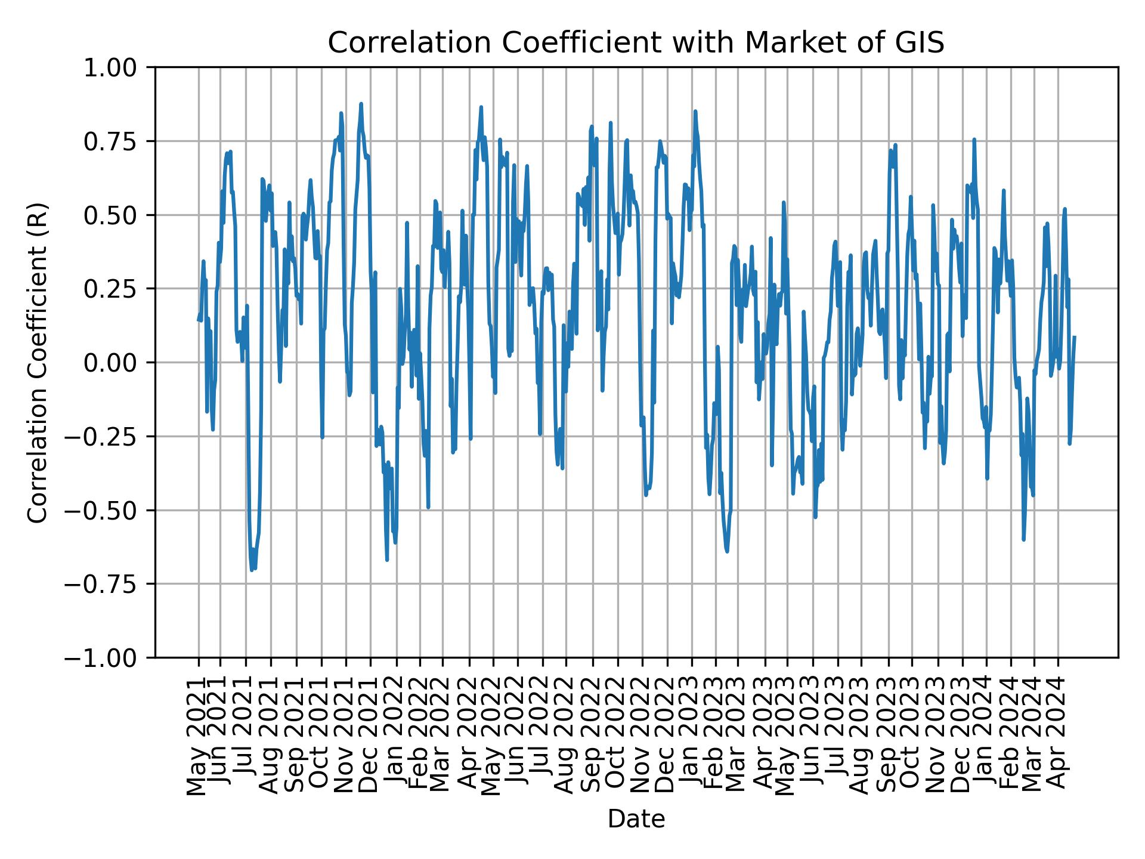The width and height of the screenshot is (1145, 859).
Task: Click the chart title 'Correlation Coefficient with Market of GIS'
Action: coord(636,43)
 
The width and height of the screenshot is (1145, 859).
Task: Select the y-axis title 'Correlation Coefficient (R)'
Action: coord(38,362)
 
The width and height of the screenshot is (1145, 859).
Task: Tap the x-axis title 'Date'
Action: coord(636,820)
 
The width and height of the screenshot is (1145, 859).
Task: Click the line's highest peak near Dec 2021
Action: coord(361,104)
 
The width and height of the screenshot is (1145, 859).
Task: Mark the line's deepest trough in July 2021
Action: coord(252,570)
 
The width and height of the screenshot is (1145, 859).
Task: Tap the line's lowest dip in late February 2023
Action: coord(726,551)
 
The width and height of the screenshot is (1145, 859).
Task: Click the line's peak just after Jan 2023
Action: coord(695,111)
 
